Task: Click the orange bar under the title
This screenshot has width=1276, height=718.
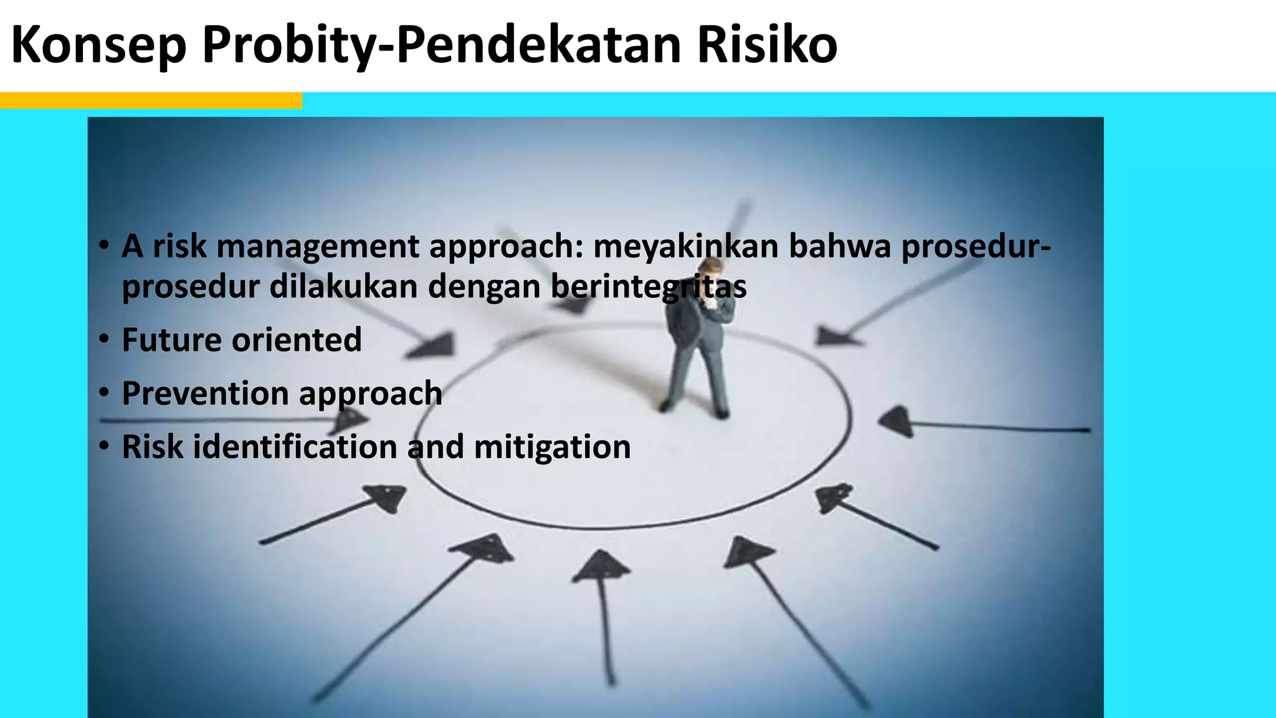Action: pyautogui.click(x=151, y=100)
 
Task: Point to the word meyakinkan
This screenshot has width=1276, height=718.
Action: pyautogui.click(x=685, y=247)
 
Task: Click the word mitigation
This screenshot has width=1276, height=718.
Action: pyautogui.click(x=552, y=448)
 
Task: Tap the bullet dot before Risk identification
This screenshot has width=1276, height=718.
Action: pyautogui.click(x=105, y=448)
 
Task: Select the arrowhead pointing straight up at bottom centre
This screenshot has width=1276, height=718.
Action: pyautogui.click(x=601, y=567)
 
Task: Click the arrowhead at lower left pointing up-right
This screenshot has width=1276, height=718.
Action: pyautogui.click(x=388, y=497)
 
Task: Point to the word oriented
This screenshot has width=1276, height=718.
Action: pyautogui.click(x=297, y=340)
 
